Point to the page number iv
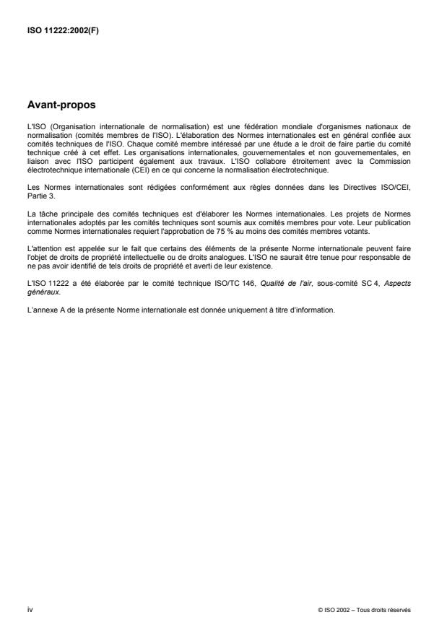[x=30, y=609]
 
